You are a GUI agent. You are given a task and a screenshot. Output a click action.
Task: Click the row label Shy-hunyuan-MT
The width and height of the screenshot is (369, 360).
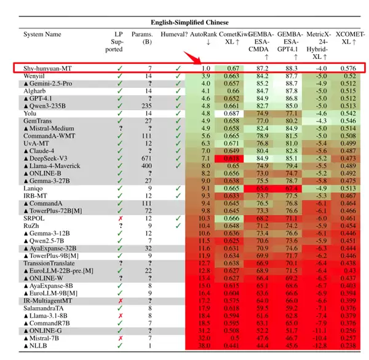(x=46, y=68)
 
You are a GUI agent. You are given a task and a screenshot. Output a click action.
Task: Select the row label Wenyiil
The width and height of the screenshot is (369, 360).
(x=35, y=76)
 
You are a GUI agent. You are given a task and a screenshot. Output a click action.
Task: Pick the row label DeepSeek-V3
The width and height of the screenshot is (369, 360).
(x=49, y=157)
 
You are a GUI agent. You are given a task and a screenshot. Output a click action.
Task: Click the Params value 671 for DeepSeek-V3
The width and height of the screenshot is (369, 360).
(x=146, y=157)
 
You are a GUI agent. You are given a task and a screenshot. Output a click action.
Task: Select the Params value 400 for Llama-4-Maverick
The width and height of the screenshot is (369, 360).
(x=146, y=165)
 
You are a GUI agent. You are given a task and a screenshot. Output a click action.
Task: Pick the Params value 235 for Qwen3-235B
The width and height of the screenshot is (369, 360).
(x=146, y=106)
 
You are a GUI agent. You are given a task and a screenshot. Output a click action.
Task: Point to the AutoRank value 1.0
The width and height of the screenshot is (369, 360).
(x=206, y=68)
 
